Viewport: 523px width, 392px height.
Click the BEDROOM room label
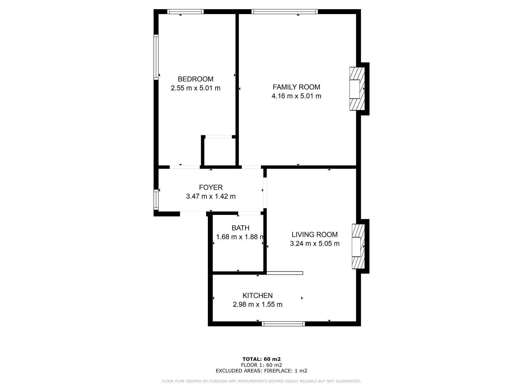click(x=196, y=79)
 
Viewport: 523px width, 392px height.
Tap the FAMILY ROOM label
click(x=296, y=87)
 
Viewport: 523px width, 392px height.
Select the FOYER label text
click(x=211, y=187)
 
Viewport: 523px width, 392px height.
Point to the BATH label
click(x=241, y=228)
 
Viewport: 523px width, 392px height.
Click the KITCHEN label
click(x=258, y=296)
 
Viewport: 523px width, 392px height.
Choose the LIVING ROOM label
click(x=315, y=235)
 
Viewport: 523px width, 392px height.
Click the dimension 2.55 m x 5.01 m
click(x=196, y=88)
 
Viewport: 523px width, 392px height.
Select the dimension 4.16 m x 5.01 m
click(x=296, y=96)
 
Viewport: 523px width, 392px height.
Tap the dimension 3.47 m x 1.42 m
click(x=211, y=197)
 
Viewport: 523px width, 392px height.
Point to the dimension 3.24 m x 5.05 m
click(x=315, y=243)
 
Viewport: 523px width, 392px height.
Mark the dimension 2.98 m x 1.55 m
click(x=258, y=304)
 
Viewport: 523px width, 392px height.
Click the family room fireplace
click(x=357, y=89)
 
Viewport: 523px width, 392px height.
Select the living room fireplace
click(x=358, y=247)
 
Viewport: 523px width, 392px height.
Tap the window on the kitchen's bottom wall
click(x=283, y=324)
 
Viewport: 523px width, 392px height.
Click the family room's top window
click(x=285, y=11)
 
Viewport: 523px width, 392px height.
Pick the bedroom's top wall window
click(x=185, y=11)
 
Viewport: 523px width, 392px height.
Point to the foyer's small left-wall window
click(x=156, y=200)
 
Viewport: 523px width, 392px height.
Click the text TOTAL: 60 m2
click(x=261, y=359)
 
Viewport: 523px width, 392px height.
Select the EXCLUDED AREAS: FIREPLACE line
click(x=261, y=371)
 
